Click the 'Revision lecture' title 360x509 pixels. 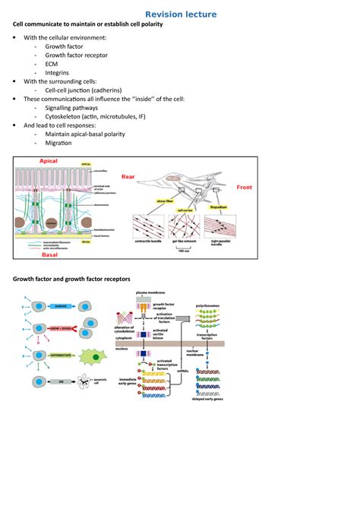click(181, 14)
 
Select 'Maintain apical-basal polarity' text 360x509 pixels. click(92, 134)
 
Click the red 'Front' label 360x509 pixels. click(245, 187)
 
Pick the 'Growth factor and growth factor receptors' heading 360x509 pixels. click(73, 279)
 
